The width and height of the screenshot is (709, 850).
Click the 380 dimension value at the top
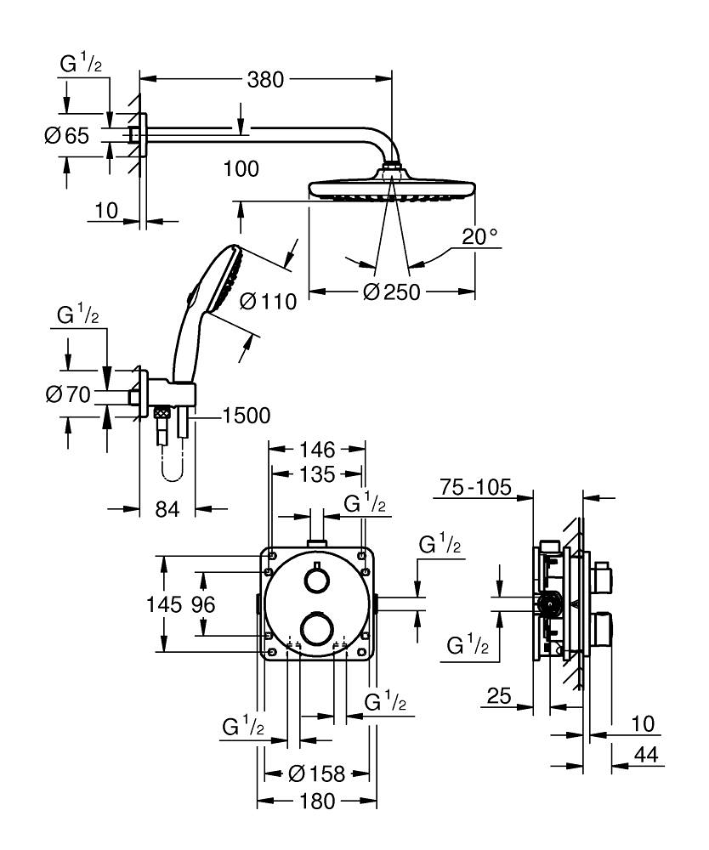coord(264,80)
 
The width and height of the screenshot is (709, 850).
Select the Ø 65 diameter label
coord(66,136)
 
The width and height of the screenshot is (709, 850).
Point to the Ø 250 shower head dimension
coord(392,292)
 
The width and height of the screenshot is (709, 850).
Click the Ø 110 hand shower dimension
coord(268,301)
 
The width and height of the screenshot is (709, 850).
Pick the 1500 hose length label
coord(246,416)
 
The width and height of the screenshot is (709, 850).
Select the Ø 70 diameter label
coord(66,394)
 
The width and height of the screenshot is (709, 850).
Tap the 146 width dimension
coord(316,449)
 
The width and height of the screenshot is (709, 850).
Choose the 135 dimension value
coord(316,473)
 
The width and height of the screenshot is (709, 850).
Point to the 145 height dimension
coord(163,604)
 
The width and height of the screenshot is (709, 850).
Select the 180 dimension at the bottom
coord(316,801)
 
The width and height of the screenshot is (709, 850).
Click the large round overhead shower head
coord(392,187)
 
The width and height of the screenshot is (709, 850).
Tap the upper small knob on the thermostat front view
coord(316,581)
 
